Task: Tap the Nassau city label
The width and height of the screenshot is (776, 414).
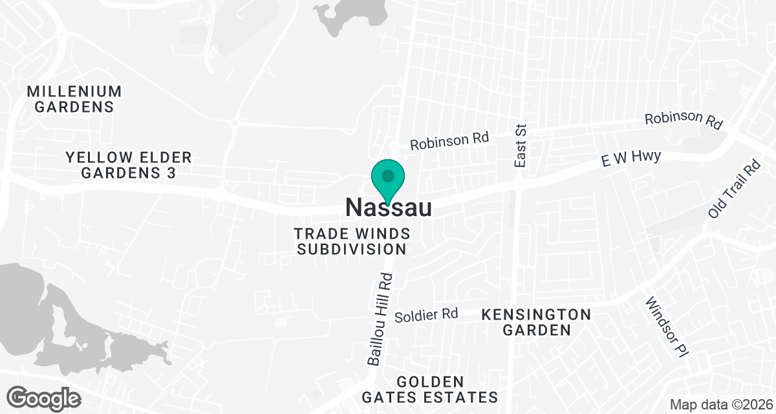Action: click(388, 207)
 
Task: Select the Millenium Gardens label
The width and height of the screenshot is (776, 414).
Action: click(74, 99)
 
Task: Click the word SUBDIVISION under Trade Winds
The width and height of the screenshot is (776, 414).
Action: click(352, 249)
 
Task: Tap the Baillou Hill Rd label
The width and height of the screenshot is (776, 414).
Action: click(380, 319)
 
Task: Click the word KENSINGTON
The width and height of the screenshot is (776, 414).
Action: click(536, 315)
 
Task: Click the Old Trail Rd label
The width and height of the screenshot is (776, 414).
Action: click(734, 189)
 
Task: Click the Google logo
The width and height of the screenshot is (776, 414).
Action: click(44, 397)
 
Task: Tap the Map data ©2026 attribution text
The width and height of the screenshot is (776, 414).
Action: click(720, 404)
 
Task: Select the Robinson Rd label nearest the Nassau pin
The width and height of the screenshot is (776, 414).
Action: click(449, 140)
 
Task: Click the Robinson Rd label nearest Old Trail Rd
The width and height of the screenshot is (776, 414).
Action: click(682, 120)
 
